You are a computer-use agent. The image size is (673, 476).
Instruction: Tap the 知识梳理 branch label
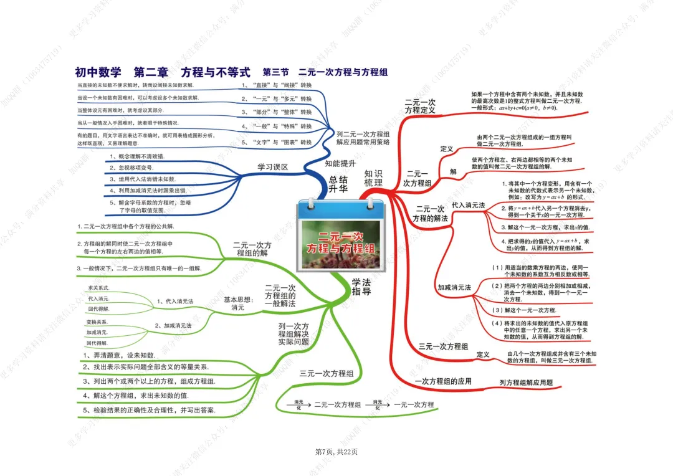pos(373,178)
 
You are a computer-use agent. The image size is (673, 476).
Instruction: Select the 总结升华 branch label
pos(338,184)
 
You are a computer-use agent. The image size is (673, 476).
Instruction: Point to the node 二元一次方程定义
pos(420,106)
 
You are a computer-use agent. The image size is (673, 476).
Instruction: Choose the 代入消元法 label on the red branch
pos(468,205)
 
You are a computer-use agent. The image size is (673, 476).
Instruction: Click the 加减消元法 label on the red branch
pos(454,287)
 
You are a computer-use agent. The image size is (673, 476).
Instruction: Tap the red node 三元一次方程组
pos(443,346)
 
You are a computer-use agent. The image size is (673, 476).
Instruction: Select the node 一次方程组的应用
pos(443,381)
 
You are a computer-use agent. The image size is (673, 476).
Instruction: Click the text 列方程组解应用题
pos(526,383)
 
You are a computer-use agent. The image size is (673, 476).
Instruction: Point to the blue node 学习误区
pos(272,167)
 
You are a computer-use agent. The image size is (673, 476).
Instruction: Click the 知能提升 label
pos(340,163)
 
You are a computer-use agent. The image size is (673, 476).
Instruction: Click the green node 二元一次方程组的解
pos(252,249)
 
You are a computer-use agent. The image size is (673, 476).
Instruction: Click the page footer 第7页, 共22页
pos(336,452)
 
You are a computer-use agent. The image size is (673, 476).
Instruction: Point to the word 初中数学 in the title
pos(98,72)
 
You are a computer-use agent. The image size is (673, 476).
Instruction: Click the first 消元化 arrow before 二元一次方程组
pos(298,404)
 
